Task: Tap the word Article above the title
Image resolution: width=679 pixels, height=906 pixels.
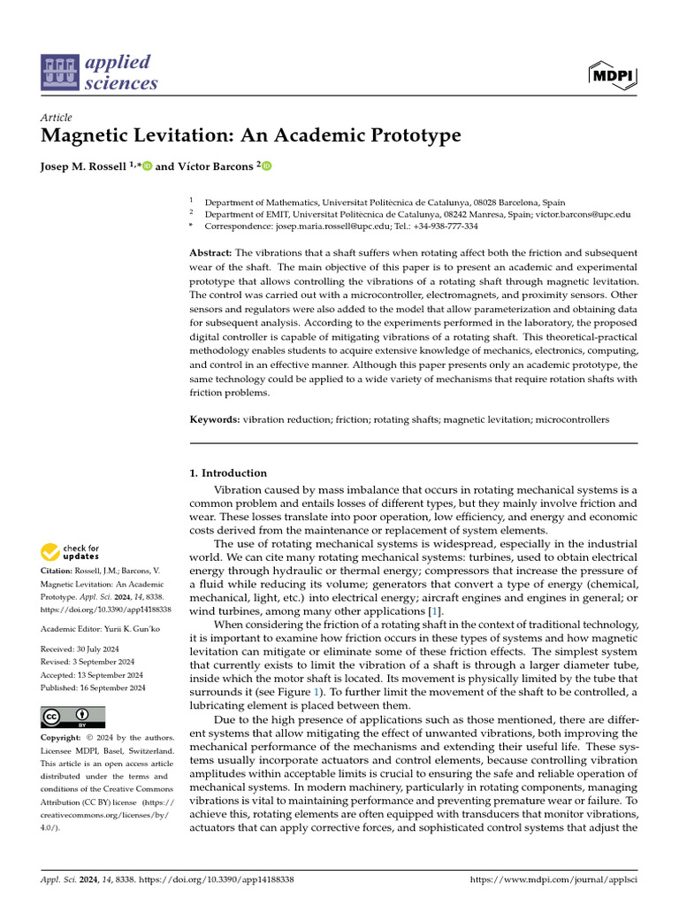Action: (57, 118)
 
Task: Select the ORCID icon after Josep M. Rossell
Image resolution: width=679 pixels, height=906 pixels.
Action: (147, 165)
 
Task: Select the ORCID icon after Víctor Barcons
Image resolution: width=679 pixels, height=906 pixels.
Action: (266, 165)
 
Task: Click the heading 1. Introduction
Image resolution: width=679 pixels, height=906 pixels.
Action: (228, 473)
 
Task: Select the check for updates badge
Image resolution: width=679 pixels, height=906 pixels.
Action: (71, 553)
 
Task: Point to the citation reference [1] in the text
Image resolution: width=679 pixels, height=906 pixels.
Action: (436, 613)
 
